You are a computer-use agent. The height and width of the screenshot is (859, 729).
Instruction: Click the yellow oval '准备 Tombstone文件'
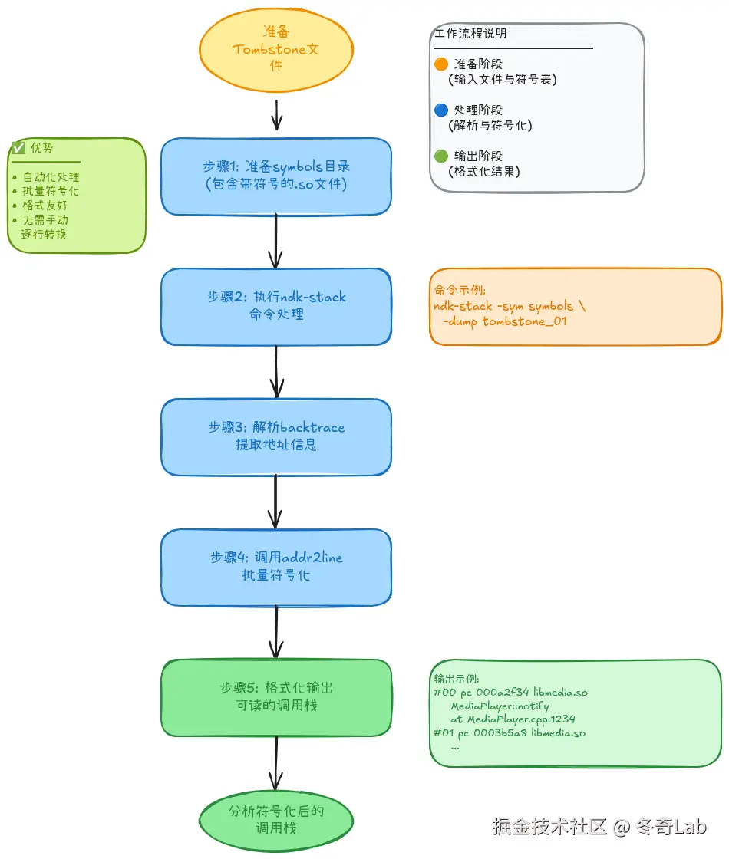276,49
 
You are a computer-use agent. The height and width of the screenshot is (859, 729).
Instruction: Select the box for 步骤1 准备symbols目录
276,176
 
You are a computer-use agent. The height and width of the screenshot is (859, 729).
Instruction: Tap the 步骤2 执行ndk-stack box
276,306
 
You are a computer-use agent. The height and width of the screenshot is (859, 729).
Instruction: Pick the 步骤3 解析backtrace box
276,436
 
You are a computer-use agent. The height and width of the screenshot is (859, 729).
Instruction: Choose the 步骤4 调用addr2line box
276,567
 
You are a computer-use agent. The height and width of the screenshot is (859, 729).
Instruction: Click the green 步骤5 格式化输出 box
276,697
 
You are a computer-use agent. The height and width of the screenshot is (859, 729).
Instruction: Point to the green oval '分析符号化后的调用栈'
276,820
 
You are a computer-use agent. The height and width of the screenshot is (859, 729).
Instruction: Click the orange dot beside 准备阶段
441,64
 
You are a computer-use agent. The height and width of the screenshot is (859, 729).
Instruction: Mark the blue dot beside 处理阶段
441,110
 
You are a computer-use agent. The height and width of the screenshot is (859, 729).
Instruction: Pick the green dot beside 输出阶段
441,156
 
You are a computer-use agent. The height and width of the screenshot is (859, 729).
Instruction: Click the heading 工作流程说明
470,34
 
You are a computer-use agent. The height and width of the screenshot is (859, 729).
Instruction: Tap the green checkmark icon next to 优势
19,148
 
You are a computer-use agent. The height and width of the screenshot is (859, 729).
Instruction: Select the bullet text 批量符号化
51,191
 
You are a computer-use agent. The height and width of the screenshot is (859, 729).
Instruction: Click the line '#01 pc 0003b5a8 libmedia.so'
509,732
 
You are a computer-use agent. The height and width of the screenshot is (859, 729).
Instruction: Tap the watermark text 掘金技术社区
549,826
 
